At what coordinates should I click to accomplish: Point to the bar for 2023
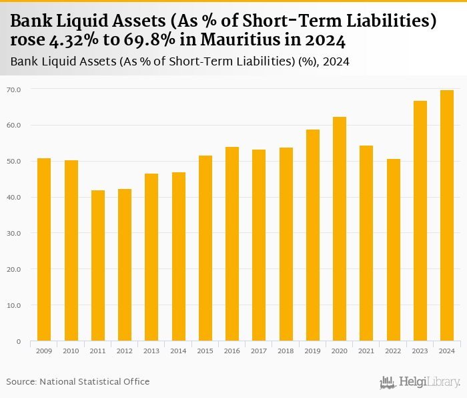[x=420, y=221]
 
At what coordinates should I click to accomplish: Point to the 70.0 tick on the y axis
[x=14, y=89]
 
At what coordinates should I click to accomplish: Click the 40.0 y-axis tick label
[x=14, y=197]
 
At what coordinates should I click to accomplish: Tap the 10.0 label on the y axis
[x=14, y=305]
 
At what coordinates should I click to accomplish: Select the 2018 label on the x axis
[x=286, y=351]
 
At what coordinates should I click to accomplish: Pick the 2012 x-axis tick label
[x=125, y=351]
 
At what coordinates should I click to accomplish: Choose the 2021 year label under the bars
[x=366, y=351]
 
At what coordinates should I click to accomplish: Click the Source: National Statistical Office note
[x=78, y=381]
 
